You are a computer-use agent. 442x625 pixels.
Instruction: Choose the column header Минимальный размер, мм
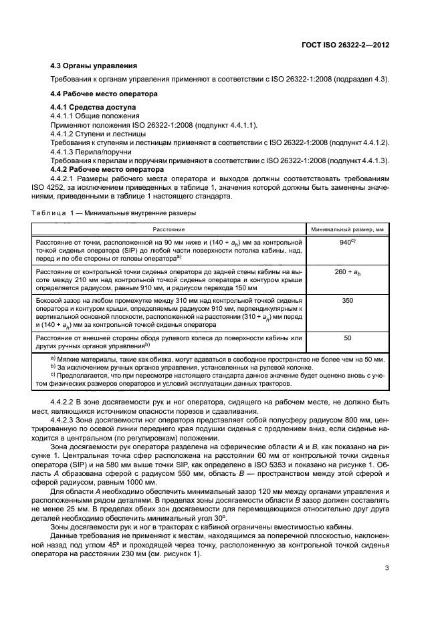347,229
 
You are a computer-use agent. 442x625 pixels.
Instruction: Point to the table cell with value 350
347,301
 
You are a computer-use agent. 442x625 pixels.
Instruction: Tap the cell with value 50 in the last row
347,338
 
